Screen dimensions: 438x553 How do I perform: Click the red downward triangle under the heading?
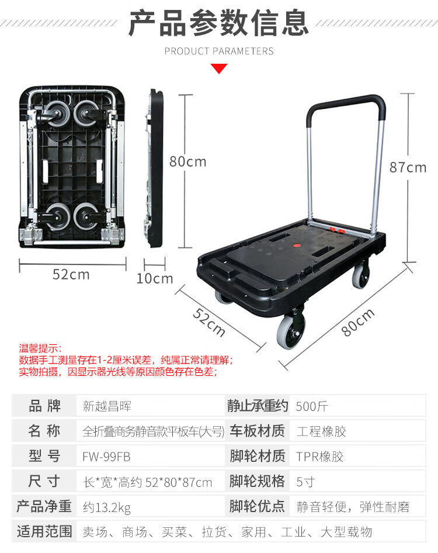click(219, 68)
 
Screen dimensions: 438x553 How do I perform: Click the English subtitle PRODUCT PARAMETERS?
click(219, 51)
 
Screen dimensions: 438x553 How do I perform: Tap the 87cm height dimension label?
click(408, 168)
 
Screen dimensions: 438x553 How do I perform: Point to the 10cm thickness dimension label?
click(155, 279)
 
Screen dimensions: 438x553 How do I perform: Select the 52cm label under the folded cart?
click(71, 274)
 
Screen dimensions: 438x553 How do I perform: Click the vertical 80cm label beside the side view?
click(187, 161)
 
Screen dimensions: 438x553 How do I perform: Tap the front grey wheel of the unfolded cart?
click(290, 331)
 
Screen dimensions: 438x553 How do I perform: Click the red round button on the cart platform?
click(297, 245)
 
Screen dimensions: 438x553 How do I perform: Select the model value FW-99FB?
click(106, 457)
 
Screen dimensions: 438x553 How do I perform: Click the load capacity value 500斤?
click(311, 406)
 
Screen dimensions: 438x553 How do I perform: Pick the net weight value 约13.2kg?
click(107, 507)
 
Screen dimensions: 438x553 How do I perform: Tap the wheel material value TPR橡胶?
click(319, 457)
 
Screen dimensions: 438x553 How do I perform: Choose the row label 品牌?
click(44, 406)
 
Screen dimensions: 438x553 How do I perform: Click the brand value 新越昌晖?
click(107, 406)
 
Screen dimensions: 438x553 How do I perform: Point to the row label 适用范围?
click(44, 531)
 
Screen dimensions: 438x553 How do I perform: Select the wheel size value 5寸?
click(305, 482)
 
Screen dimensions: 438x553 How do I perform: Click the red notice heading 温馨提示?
click(40, 348)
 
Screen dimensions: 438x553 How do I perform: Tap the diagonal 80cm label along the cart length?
click(358, 322)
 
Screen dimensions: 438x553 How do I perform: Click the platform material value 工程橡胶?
click(321, 431)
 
